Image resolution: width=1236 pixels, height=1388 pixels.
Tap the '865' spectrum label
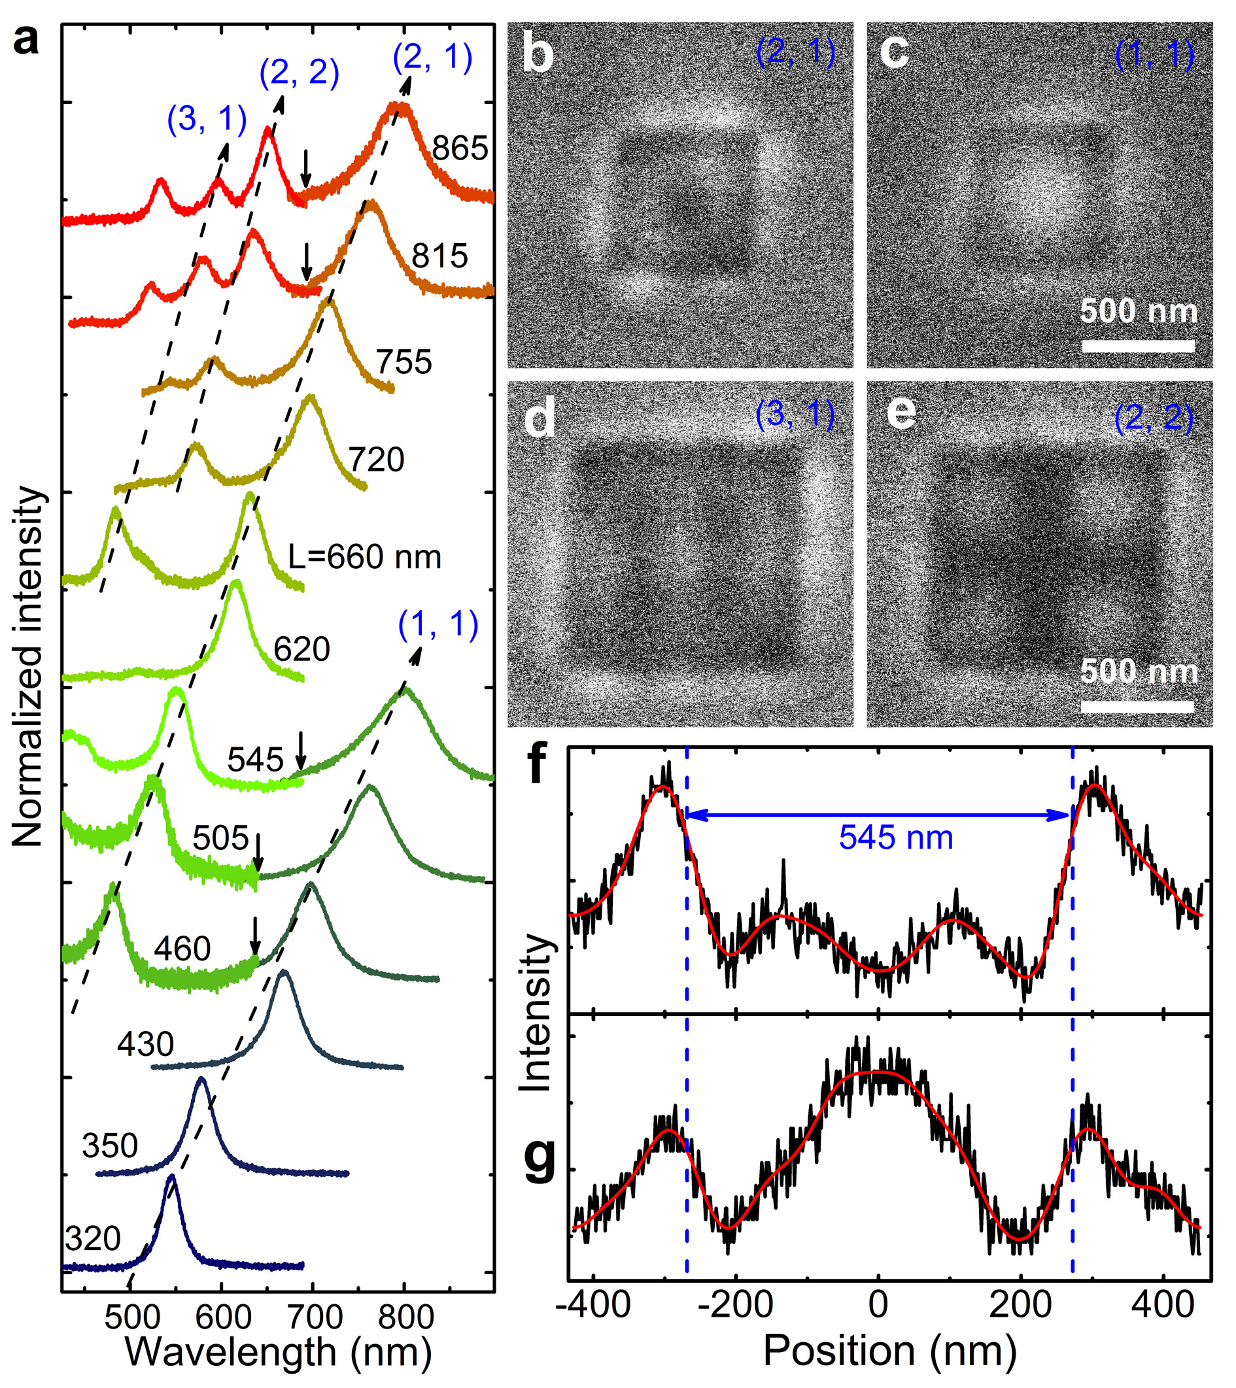click(x=460, y=148)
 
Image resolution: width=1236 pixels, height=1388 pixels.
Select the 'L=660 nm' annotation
click(x=365, y=557)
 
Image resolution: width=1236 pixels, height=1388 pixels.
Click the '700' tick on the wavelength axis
click(x=313, y=1318)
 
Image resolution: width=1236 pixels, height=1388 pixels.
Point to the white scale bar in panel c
click(x=1138, y=347)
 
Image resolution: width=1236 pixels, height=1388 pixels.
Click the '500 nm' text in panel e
click(x=1138, y=671)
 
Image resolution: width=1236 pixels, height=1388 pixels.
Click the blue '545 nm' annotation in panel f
click(x=896, y=838)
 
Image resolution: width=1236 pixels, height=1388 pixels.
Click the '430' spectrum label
click(x=145, y=1044)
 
